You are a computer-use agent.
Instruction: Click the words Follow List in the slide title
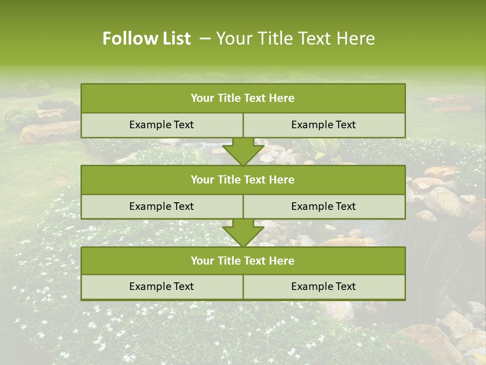point(147,39)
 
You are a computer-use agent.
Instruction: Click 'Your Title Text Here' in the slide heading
point(296,39)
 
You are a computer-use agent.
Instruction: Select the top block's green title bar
point(243,98)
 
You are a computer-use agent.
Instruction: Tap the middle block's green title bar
point(243,180)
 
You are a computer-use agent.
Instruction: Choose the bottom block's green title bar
point(243,261)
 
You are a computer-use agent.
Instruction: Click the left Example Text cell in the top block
point(161,125)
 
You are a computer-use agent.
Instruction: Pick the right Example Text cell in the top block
point(323,125)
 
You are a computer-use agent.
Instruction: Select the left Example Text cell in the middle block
point(161,207)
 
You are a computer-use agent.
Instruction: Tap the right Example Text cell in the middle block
point(323,207)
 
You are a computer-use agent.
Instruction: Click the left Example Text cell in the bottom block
point(161,287)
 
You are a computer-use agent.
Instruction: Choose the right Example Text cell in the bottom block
point(323,287)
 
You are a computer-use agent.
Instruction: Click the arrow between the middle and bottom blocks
point(243,233)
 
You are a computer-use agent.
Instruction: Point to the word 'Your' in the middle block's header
point(202,180)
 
